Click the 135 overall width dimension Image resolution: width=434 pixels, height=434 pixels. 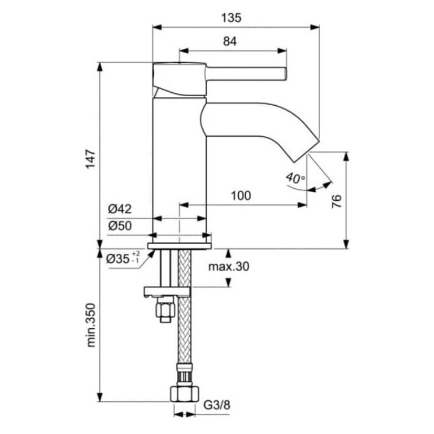[232, 18]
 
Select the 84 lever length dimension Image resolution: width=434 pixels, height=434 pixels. [230, 42]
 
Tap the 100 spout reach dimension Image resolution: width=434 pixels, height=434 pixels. [241, 196]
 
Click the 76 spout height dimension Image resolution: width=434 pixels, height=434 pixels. [337, 201]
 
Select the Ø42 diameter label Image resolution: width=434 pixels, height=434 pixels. [120, 209]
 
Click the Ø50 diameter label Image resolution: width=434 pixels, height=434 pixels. [120, 226]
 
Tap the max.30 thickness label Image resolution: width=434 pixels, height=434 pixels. [228, 266]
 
